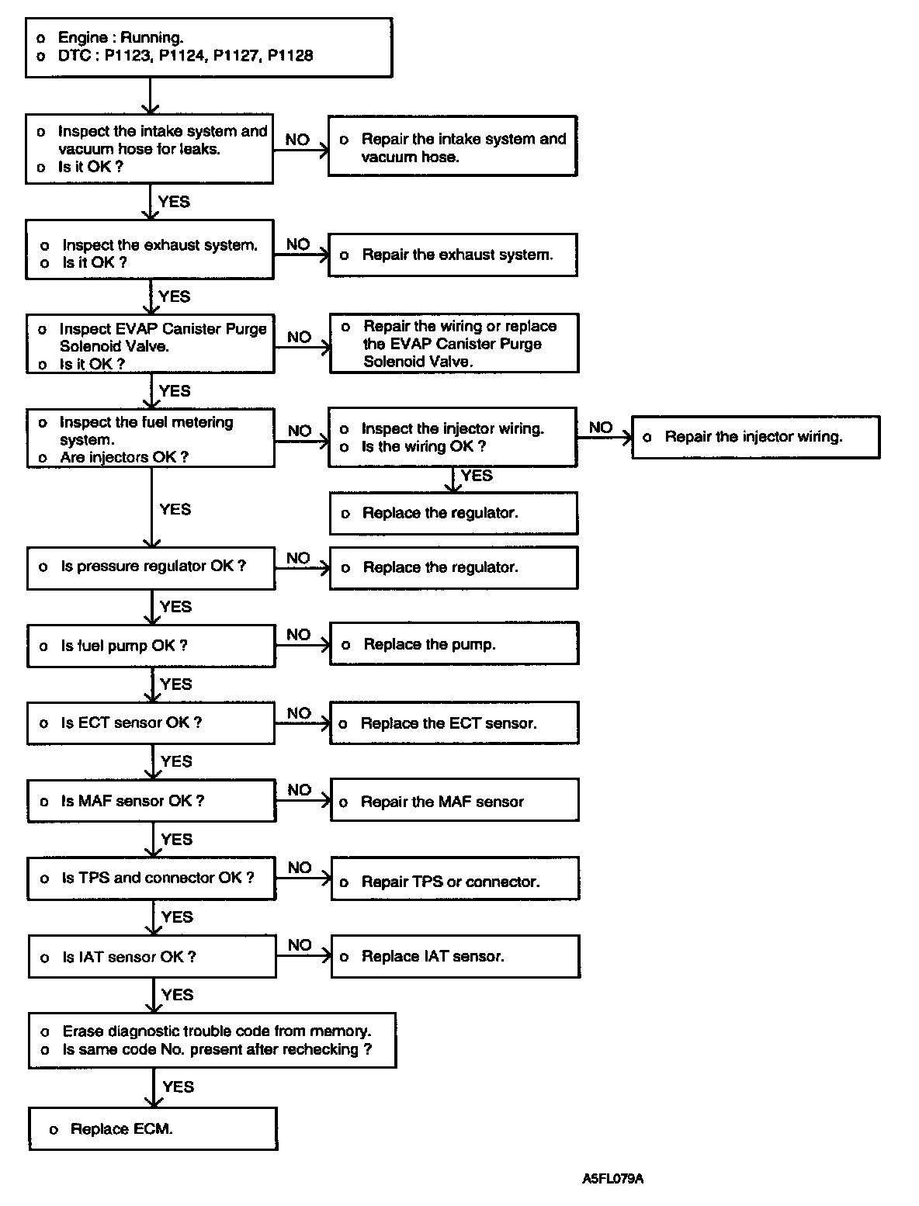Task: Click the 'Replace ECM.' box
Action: (153, 1128)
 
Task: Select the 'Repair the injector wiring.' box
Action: (755, 437)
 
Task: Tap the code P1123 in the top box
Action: (127, 55)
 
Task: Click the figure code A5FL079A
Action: (612, 1179)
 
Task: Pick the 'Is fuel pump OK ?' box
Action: (151, 646)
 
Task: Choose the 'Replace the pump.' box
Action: (454, 644)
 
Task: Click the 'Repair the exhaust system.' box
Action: (453, 255)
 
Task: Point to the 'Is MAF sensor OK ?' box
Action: (151, 800)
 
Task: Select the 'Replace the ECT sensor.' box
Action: (454, 723)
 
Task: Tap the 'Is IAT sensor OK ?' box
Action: (152, 957)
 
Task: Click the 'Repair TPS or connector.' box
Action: (455, 882)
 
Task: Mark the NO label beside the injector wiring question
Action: (601, 428)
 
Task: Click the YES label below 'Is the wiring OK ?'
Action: (477, 476)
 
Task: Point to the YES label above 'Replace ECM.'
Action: (178, 1086)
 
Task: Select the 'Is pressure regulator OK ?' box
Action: (151, 567)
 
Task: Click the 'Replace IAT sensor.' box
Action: (456, 956)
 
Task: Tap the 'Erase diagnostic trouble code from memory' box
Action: (212, 1040)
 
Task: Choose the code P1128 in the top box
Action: (290, 55)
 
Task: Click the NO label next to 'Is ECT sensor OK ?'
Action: (299, 713)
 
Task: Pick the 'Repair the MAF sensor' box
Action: (455, 802)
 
